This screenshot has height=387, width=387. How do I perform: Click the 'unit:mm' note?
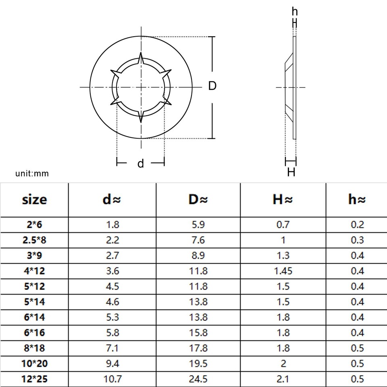(x=32, y=174)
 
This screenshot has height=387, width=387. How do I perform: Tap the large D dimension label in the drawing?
(x=212, y=86)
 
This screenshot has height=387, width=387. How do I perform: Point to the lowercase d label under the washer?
(x=141, y=164)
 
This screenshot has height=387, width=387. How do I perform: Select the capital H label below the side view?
(x=291, y=173)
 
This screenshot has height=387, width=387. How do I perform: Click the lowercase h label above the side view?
(x=295, y=12)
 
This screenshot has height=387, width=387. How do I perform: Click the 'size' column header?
(x=34, y=200)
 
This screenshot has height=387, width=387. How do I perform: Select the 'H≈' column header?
(x=283, y=200)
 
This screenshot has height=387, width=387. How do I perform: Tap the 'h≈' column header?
(x=357, y=200)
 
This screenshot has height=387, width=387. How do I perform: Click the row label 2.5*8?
(x=34, y=240)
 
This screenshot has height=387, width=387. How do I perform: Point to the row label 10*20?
(x=34, y=364)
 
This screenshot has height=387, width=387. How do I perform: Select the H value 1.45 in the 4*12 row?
(x=283, y=271)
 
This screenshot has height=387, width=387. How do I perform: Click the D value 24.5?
(x=198, y=379)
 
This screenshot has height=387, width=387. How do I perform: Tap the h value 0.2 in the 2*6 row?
(x=357, y=225)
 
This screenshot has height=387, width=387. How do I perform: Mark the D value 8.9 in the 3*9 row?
(x=198, y=256)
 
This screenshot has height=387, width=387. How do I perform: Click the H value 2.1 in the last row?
(x=283, y=379)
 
